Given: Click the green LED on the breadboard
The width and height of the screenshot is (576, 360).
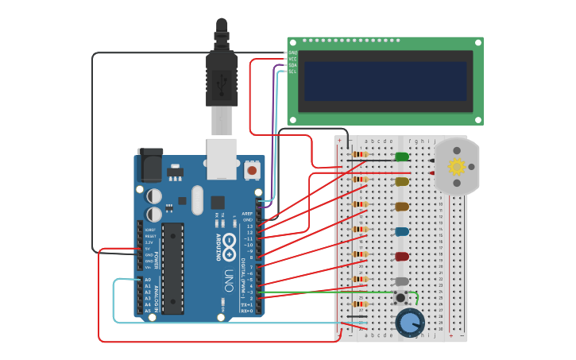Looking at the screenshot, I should tap(401, 157).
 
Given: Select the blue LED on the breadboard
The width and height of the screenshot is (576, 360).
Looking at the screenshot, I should tap(401, 232).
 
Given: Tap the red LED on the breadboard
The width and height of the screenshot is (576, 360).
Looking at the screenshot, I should tap(401, 257).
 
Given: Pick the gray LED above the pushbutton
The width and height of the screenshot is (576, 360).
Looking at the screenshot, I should tap(401, 281).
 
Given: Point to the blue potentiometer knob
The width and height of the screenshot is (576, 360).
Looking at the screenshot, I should tap(409, 322).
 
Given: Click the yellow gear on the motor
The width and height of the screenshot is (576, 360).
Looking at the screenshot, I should tap(456, 167).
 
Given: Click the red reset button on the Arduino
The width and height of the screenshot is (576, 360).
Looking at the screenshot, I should tap(253, 169).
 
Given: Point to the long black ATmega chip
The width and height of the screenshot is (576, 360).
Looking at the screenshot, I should tap(173, 268).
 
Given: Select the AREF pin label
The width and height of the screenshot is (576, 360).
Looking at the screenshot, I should tap(247, 214).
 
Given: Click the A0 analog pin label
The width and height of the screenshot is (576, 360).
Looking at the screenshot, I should tap(148, 280).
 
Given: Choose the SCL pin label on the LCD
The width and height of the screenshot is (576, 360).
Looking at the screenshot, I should tap(292, 72).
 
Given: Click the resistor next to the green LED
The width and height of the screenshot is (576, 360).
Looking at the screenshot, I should tap(360, 154).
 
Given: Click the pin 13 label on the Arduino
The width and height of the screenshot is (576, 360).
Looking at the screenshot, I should tap(249, 226).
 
